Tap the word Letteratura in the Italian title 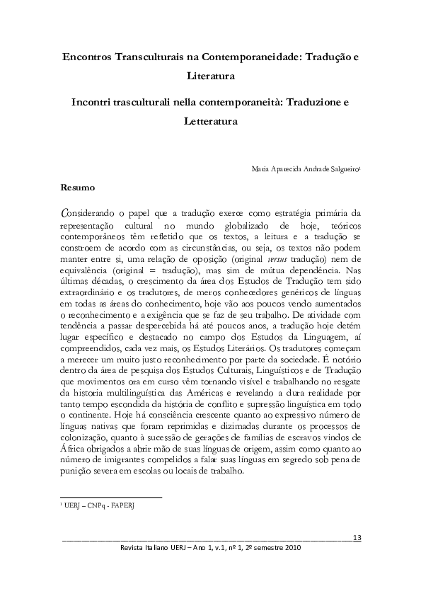coord(210,121)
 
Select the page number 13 coord(357,538)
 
